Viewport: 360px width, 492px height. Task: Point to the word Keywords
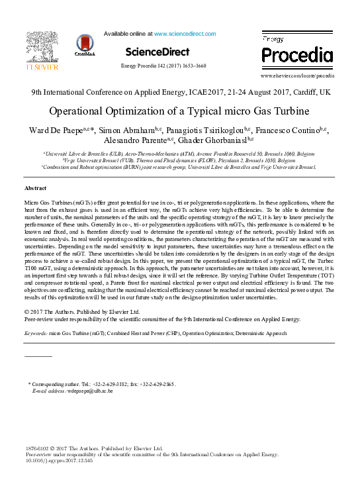point(36,333)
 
